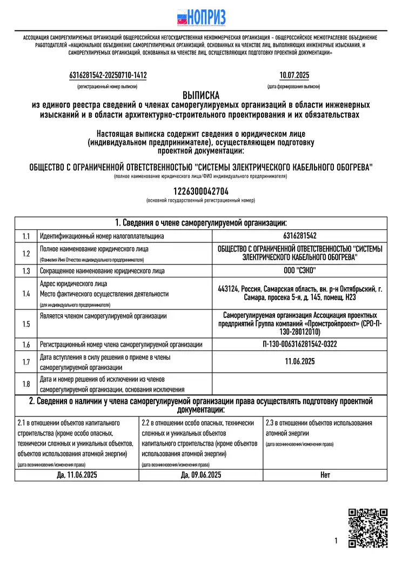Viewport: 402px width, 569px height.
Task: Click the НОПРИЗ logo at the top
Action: [x=201, y=17]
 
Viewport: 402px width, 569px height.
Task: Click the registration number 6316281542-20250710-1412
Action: [x=108, y=76]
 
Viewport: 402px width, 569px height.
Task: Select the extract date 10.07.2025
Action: [x=294, y=76]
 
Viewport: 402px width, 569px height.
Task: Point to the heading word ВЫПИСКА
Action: [x=200, y=94]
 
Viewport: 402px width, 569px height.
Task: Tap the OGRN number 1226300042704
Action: [x=200, y=191]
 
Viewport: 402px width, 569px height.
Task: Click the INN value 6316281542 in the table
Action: [x=299, y=236]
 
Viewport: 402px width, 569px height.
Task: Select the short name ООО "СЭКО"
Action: [x=299, y=270]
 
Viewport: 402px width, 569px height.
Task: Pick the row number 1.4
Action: [x=26, y=294]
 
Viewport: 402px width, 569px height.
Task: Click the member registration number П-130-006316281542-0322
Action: [x=299, y=345]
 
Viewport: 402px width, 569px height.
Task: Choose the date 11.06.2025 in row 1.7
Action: [x=299, y=362]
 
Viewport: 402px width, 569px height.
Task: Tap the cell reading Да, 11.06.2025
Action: [x=77, y=475]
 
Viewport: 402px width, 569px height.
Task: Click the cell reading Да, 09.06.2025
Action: [x=201, y=475]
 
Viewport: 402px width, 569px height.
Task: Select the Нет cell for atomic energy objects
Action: [x=325, y=475]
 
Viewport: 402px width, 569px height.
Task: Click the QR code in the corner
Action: [x=367, y=527]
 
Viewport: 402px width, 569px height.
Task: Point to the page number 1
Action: [x=336, y=540]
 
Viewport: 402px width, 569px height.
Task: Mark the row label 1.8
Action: [x=26, y=383]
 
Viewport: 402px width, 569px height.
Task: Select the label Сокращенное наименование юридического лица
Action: [x=103, y=270]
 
